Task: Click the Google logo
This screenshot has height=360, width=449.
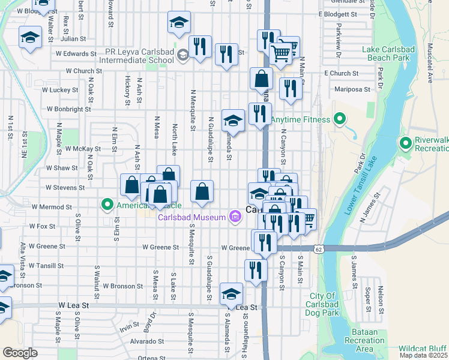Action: [x=20, y=352]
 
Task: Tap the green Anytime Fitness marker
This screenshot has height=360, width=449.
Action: [x=340, y=119]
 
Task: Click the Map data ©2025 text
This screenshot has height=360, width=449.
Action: [x=424, y=355]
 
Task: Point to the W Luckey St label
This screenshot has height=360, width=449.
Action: [x=60, y=90]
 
